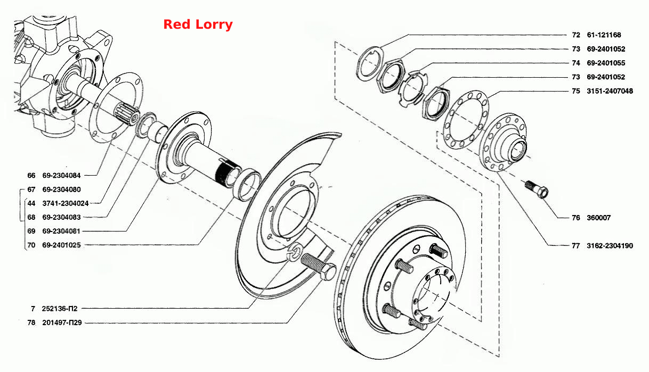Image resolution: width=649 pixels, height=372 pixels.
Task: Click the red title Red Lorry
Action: pyautogui.click(x=198, y=24)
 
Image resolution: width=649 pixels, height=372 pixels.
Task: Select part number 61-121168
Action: pyautogui.click(x=604, y=35)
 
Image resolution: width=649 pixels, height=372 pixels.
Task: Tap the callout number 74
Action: pyautogui.click(x=576, y=63)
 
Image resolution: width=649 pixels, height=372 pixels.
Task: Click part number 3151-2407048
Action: pyautogui.click(x=610, y=91)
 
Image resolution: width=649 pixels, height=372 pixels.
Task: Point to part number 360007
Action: pyautogui.click(x=598, y=218)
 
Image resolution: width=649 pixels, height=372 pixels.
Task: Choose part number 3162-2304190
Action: pyautogui.click(x=610, y=246)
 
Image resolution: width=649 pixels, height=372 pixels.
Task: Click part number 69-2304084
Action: pyautogui.click(x=61, y=175)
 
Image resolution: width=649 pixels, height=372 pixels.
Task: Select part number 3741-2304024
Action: pyautogui.click(x=66, y=203)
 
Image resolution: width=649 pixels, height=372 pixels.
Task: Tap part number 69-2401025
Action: pyautogui.click(x=61, y=245)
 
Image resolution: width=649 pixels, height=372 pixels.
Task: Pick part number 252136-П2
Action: pyautogui.click(x=60, y=309)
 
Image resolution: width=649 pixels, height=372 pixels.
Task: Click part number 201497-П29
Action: pyautogui.click(x=62, y=323)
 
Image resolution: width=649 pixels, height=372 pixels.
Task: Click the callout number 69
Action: pyautogui.click(x=31, y=231)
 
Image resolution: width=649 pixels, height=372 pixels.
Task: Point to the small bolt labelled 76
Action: pyautogui.click(x=537, y=189)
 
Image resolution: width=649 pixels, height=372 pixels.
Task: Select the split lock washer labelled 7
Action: pyautogui.click(x=296, y=251)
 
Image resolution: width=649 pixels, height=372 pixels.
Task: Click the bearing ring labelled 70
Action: pyautogui.click(x=247, y=185)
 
